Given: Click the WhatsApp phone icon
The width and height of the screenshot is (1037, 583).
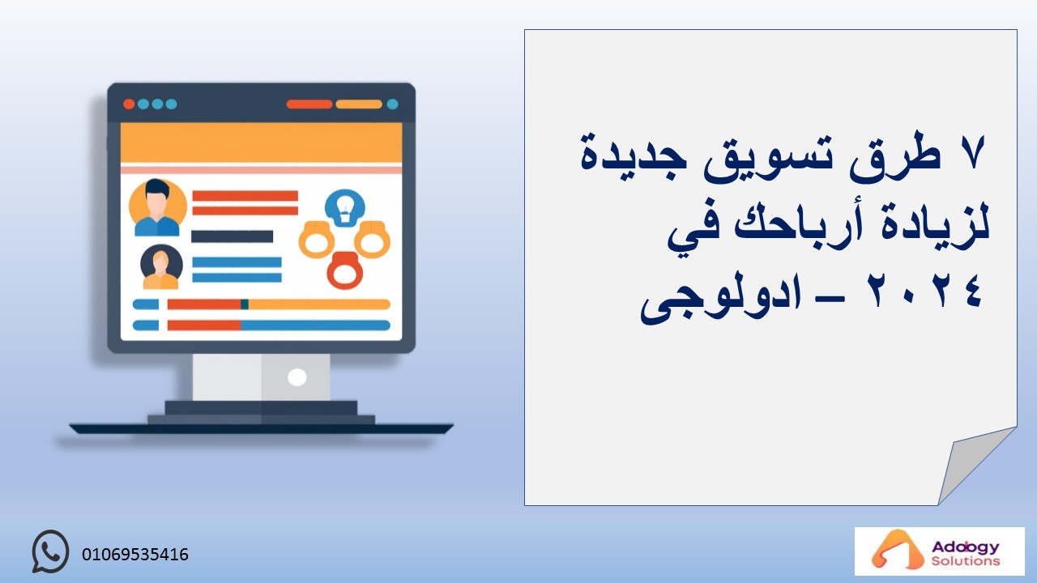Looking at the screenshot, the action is [50, 551].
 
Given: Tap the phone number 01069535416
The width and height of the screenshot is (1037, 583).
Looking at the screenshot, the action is [135, 555].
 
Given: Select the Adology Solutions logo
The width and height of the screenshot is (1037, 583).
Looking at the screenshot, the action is [939, 551].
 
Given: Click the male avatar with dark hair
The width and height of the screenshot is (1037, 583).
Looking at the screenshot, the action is [157, 207].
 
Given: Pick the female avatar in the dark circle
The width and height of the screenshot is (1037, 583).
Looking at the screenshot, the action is [161, 267].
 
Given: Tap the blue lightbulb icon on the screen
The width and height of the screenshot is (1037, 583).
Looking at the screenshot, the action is [345, 208].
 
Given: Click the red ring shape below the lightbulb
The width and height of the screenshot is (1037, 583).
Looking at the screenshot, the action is [345, 270].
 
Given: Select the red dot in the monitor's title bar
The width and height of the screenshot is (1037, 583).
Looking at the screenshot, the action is [129, 104].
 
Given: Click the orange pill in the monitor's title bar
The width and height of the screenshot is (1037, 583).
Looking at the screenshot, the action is [359, 104].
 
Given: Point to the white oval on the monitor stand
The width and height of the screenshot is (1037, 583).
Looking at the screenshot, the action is [297, 377].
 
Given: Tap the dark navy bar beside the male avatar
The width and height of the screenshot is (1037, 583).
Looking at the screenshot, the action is [232, 236].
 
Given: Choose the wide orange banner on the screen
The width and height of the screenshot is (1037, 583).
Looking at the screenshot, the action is [261, 143].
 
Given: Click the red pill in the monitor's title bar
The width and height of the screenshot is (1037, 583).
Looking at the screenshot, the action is [309, 104].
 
